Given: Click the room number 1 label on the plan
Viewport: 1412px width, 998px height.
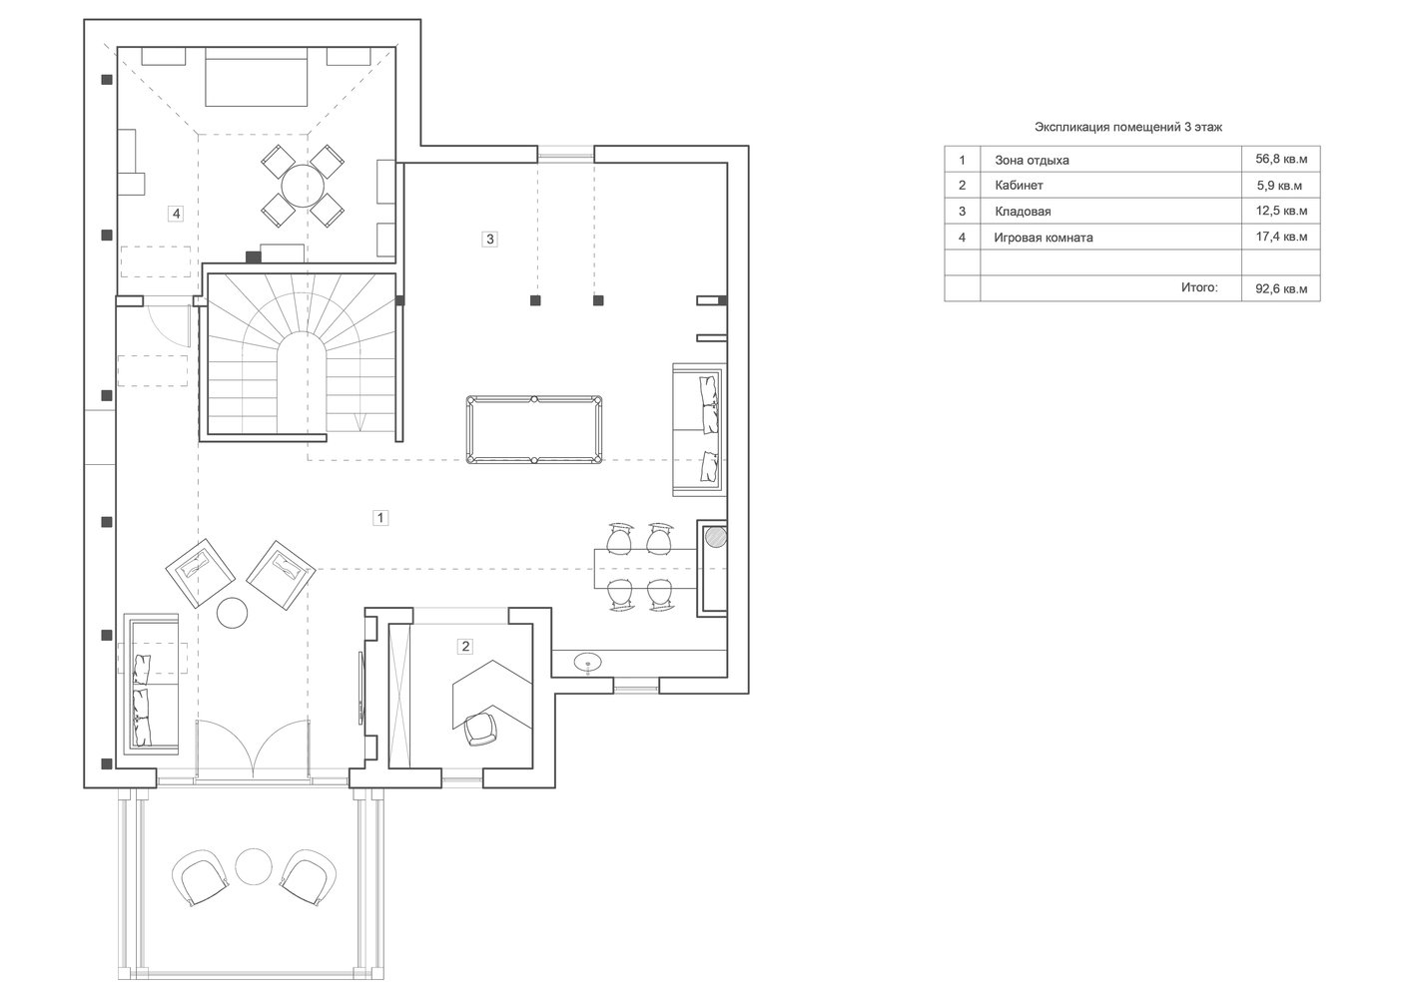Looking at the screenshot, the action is tap(380, 518).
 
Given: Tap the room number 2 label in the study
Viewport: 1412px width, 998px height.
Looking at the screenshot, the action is tap(465, 646).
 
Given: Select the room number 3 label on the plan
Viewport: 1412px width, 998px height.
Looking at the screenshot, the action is tap(489, 239).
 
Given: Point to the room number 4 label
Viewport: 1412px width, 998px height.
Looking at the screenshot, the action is tap(176, 214).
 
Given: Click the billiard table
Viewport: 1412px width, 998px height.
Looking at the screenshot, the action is tap(534, 430).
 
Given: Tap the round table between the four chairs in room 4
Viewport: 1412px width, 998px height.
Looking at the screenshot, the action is tap(303, 186).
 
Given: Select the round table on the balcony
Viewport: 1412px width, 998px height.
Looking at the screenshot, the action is tap(254, 866).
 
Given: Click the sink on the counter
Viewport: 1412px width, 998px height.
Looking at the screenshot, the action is tap(587, 663).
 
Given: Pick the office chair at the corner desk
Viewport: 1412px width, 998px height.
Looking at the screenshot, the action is tap(480, 729).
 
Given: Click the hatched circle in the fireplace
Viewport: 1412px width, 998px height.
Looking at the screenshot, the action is tap(715, 538).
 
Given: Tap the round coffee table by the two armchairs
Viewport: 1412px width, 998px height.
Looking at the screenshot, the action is tap(232, 613).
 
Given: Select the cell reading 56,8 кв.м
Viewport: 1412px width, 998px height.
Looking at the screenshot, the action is tap(1281, 159).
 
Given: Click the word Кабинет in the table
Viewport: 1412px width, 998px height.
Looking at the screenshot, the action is tap(1019, 186).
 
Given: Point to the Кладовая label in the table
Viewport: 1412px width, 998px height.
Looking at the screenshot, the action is tap(1023, 211).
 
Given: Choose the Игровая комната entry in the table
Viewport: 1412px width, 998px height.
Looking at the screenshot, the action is tap(1044, 238).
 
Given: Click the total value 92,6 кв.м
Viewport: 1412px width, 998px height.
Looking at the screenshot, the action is tap(1281, 288).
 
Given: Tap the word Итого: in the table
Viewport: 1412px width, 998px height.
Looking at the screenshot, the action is tap(1199, 287).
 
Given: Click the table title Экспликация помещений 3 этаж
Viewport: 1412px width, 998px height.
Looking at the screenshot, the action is tap(1128, 127).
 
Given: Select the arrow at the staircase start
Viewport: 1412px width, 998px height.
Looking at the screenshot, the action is tap(360, 421).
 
